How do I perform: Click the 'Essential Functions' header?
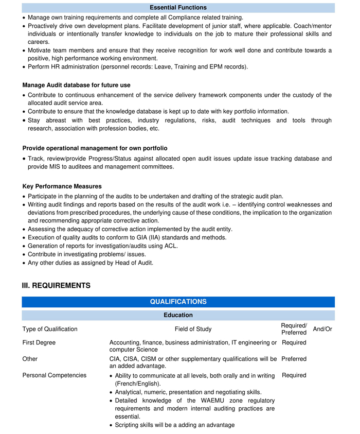point(178,8)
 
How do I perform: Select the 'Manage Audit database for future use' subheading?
point(76,85)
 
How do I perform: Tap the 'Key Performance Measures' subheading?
point(62,186)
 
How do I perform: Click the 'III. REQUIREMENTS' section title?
point(56,286)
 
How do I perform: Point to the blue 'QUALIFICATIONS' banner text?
point(178,302)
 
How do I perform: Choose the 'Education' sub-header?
point(178,315)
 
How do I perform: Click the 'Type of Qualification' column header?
point(50,329)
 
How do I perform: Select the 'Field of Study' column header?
point(193,329)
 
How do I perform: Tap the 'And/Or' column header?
point(322,329)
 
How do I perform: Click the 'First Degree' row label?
point(39,343)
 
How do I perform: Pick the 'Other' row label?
point(30,359)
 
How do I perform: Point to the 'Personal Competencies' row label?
point(55,375)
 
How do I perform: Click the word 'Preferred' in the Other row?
point(294,359)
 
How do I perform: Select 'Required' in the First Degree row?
point(294,343)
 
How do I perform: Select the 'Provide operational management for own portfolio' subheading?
point(95,148)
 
